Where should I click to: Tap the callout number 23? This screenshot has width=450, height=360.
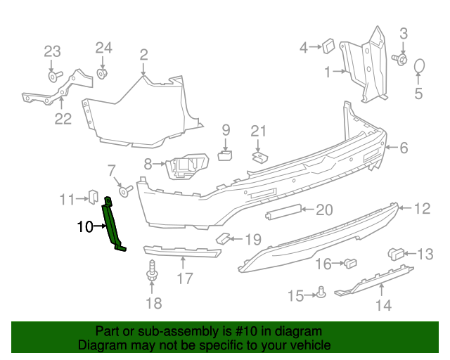coord(53,51)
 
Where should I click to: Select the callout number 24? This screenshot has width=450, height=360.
coord(103,48)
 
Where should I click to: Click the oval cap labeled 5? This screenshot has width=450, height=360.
coord(420,67)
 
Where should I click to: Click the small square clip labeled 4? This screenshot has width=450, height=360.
coord(328,47)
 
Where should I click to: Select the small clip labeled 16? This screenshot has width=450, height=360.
coord(349,264)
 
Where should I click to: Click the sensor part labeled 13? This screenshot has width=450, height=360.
coord(395,254)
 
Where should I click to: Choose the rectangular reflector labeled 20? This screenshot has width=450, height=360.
coord(284,211)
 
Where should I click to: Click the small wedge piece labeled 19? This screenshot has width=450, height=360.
coord(222,238)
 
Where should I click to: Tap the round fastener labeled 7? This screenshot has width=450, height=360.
coord(124,190)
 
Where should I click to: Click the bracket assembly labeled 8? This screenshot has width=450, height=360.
coord(186,167)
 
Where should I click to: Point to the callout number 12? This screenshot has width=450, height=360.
coord(422,208)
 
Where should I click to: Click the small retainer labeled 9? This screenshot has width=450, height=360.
coord(225,154)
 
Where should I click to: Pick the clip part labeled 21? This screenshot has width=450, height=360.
coord(259,156)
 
